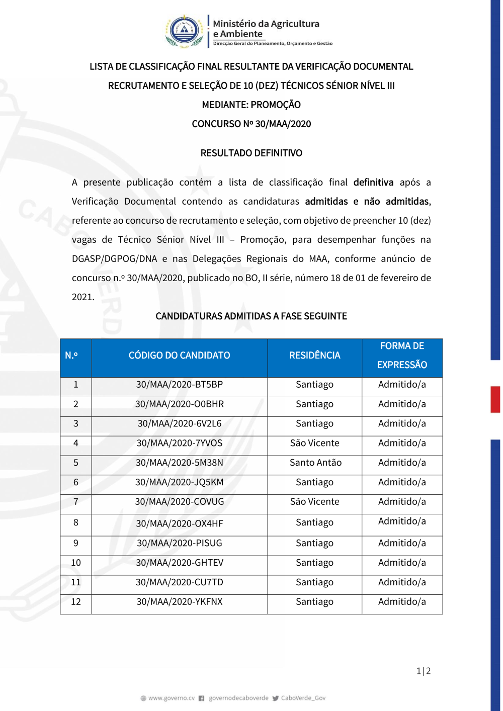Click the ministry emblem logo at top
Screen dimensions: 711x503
click(184, 31)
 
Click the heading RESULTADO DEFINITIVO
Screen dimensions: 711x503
click(251, 153)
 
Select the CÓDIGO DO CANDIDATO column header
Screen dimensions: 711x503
click(179, 355)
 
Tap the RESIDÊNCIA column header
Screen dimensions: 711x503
click(314, 355)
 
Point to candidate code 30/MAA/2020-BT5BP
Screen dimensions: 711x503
click(179, 385)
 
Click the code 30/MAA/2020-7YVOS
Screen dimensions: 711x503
click(179, 443)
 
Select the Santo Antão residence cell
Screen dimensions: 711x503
click(315, 463)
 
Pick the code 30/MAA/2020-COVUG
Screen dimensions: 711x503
click(179, 502)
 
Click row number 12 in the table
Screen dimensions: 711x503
click(76, 602)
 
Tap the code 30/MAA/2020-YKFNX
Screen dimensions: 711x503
click(179, 602)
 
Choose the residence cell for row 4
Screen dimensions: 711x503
click(314, 443)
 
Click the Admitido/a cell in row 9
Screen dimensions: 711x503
click(402, 543)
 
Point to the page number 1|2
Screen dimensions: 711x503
click(424, 671)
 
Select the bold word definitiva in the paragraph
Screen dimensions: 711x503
click(373, 182)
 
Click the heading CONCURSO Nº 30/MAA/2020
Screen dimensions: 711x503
click(251, 124)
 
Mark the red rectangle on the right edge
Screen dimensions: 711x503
click(495, 399)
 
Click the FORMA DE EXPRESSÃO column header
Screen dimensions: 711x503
click(402, 355)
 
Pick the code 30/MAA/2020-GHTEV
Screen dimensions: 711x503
click(179, 563)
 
